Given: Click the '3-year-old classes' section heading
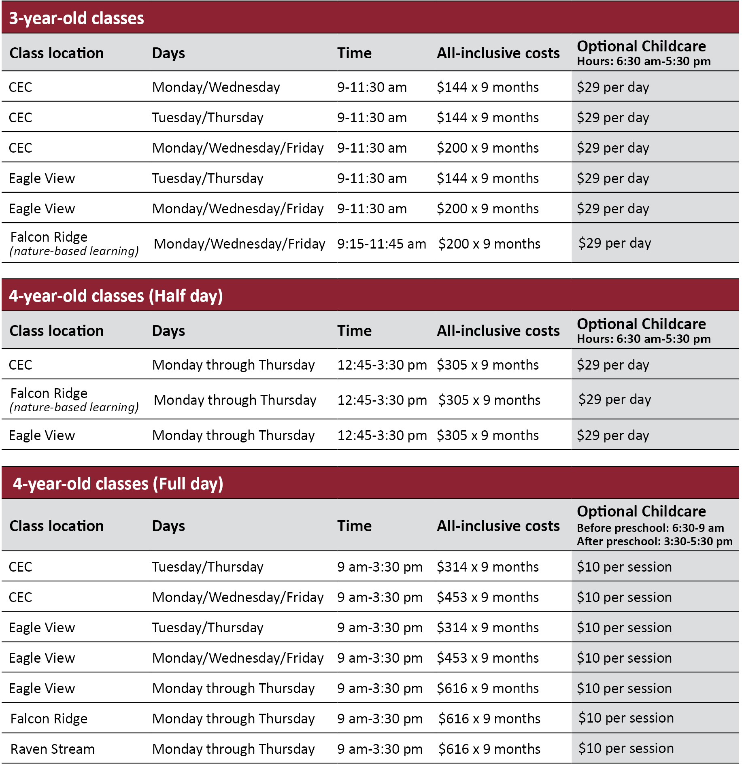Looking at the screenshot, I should point(77,18).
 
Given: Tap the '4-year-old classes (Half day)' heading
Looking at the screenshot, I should point(116,296).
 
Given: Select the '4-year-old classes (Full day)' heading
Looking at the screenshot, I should point(118,484).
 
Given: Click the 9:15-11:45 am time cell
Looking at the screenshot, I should point(381,244).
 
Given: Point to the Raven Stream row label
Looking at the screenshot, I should point(52,749).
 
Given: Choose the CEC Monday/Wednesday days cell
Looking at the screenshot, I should point(216,87).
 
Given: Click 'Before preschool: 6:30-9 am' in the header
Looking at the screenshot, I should point(650,528).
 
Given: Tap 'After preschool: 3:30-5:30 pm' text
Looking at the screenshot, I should point(654,541).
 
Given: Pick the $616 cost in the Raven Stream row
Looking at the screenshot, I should point(489,749).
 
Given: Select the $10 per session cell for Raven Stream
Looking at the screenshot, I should point(626,748).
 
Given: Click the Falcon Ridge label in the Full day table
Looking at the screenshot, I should point(49,719).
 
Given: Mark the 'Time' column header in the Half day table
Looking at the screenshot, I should point(354,331).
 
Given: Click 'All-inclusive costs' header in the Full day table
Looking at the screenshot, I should point(498,526).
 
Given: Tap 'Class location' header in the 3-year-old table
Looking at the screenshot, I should point(57,53).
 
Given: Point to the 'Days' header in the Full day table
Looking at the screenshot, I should point(168,526).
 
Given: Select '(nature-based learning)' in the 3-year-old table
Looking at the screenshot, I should point(74,251).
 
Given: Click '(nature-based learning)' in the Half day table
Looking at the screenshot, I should point(74,407).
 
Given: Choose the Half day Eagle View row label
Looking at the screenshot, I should point(42,435).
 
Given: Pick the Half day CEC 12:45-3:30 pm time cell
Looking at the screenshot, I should point(382,365).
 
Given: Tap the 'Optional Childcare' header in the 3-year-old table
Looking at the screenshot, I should point(641,46).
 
